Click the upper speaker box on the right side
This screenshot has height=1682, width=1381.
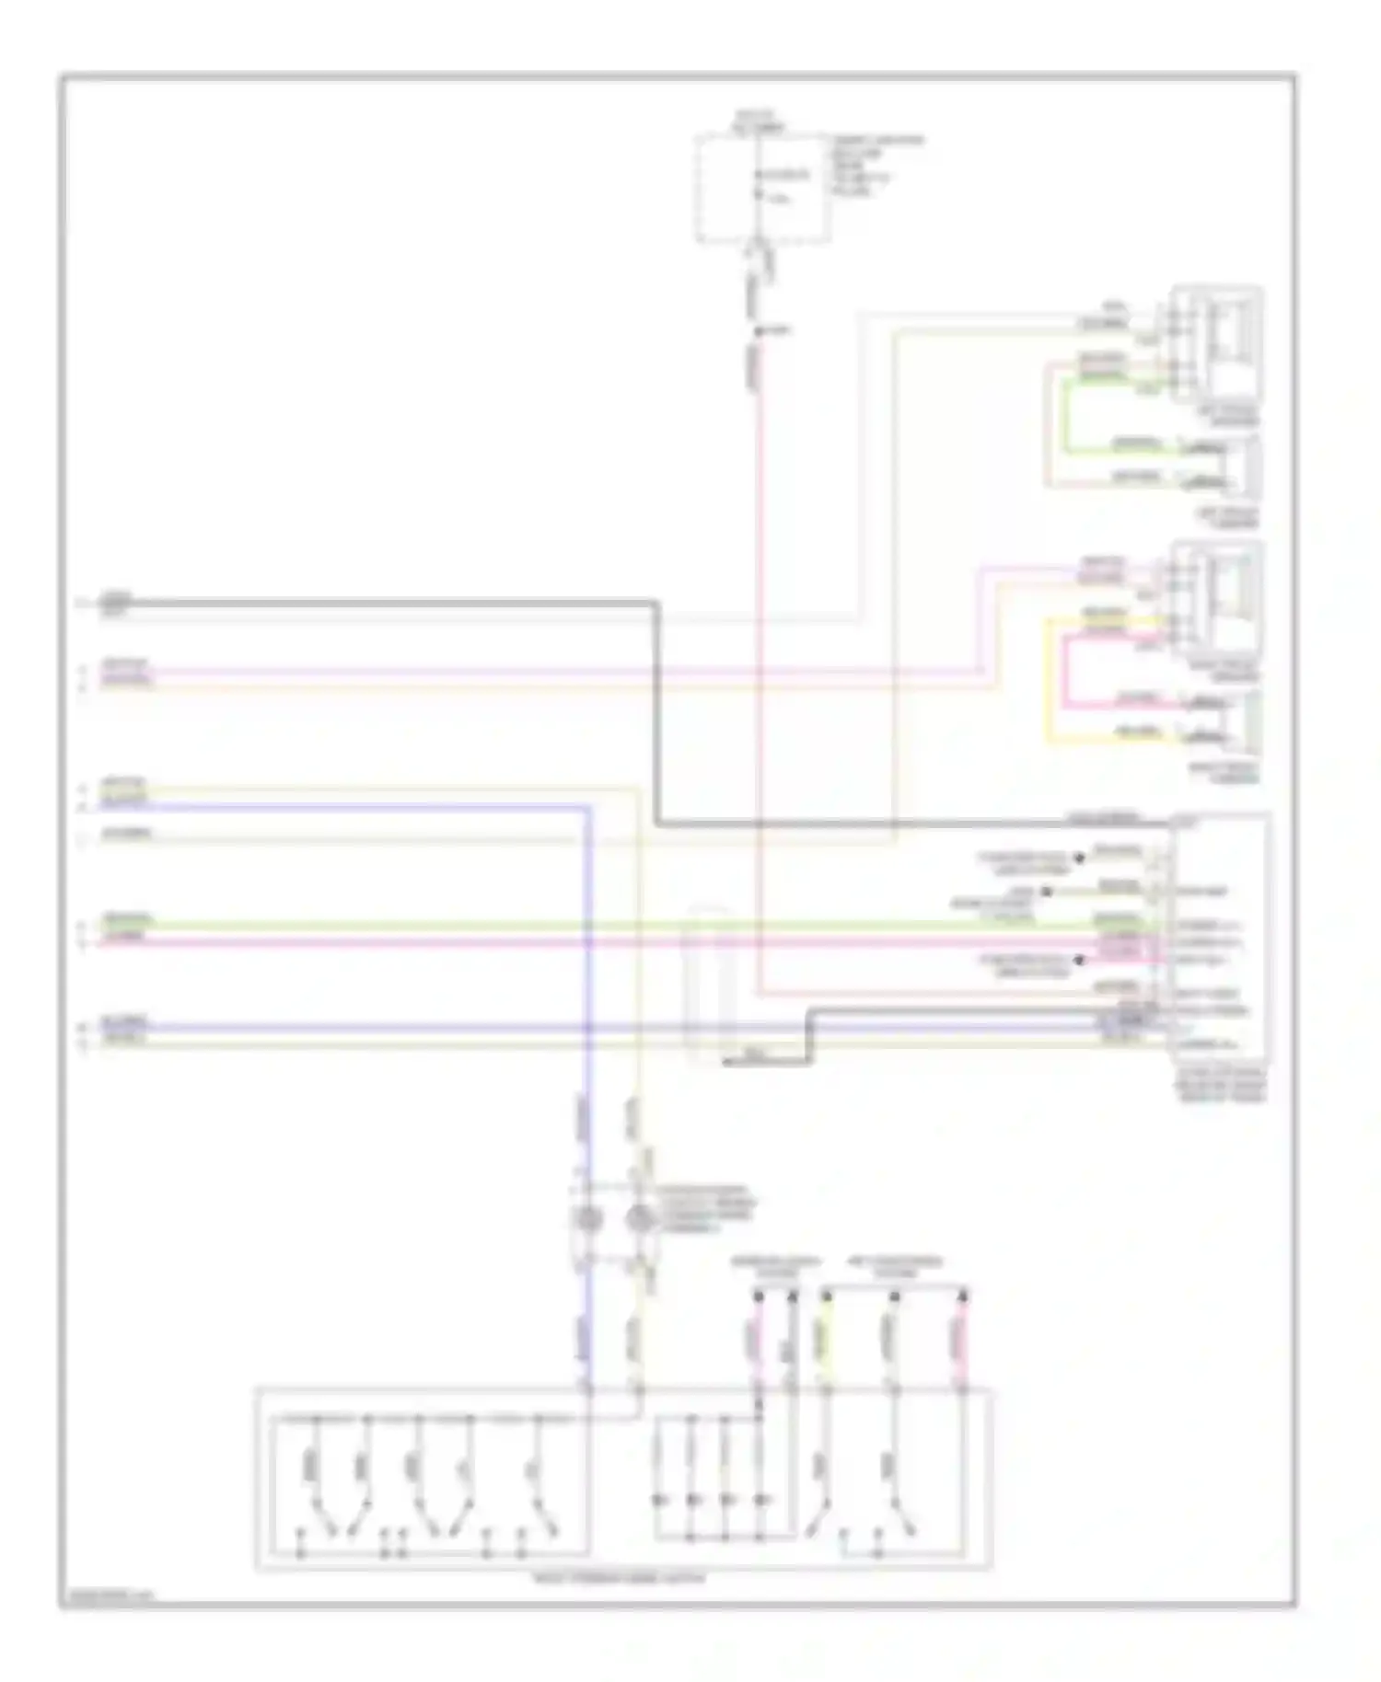[1216, 344]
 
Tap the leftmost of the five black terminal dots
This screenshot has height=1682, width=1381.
[759, 1295]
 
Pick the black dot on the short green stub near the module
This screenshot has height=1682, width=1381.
[1046, 891]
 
